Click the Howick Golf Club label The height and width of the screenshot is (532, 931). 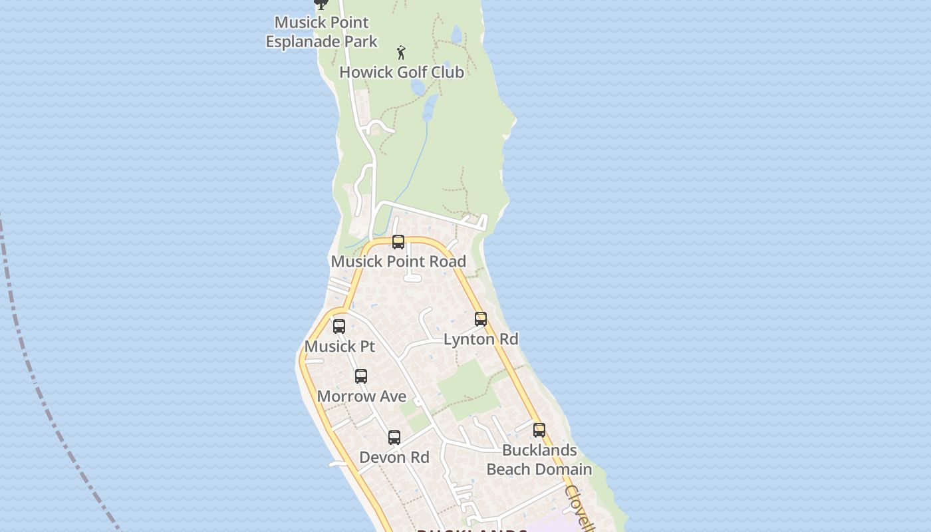coord(401,72)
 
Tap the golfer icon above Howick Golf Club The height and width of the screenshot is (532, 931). coord(401,52)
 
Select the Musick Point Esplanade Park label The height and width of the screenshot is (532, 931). coord(322,32)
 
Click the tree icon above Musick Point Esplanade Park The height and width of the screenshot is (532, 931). coord(321,4)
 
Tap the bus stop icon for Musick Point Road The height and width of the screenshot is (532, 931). coord(398,242)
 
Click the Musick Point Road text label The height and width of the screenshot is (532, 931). coord(398,261)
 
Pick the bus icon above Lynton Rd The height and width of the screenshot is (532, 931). coord(481,319)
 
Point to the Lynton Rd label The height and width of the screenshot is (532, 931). coord(481,339)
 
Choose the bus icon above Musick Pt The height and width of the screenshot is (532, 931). coord(339,327)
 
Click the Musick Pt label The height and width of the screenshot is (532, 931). coord(340,346)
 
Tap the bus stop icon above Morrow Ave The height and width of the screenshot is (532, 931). coord(361,376)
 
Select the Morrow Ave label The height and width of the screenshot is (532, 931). coord(362,396)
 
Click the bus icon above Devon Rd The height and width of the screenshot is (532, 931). coord(394,438)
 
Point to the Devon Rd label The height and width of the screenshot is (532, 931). coord(394,458)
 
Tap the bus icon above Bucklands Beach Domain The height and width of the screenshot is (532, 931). coord(539,430)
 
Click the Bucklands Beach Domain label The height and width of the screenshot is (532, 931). coord(539,460)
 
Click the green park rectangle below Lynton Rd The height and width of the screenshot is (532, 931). coord(465,386)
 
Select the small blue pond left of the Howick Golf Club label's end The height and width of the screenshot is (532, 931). coord(418,87)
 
